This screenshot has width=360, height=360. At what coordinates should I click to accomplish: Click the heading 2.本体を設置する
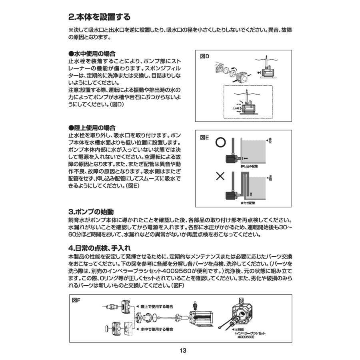point(100,18)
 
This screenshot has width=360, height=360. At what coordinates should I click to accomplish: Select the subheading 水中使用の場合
point(92,54)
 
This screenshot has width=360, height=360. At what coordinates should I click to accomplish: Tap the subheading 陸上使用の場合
point(92,128)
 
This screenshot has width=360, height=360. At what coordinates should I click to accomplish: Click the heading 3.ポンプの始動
point(94,212)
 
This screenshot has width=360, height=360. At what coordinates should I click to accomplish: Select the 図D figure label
point(204,57)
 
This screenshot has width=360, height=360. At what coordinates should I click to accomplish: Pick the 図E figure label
point(204,137)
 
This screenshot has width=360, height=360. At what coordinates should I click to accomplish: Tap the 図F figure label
point(76,300)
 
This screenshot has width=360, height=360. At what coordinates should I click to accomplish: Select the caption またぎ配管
point(248,203)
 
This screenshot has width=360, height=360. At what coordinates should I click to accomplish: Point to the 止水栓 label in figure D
point(236,108)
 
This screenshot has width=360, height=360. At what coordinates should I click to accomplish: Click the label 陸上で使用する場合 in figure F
point(157,307)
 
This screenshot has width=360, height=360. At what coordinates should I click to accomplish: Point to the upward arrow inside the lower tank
point(251,194)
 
